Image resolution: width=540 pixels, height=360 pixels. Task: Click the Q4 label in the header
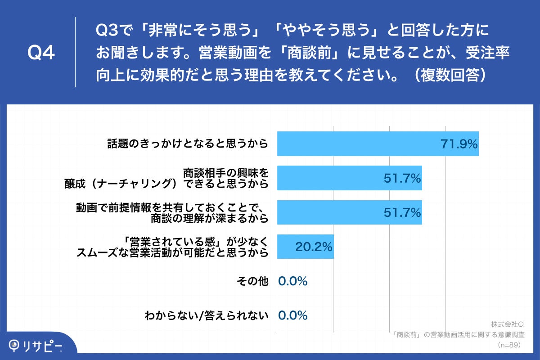point(41,53)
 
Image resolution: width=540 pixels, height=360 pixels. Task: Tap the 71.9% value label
point(458,144)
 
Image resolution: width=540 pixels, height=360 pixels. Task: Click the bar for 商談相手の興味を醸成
point(349,178)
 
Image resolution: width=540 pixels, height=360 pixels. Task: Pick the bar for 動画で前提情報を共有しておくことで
point(349,212)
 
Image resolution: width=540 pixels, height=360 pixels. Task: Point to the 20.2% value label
point(314,247)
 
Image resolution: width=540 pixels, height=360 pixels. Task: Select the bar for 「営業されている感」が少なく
point(305,247)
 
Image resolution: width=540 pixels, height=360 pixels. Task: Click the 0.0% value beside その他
point(293,281)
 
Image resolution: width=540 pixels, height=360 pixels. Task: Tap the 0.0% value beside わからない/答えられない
point(293,315)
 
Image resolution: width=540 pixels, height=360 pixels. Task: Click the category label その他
point(252,281)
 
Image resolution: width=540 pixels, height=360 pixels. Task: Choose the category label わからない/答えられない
point(207,315)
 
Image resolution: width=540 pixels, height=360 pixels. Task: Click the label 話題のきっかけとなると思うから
point(188,144)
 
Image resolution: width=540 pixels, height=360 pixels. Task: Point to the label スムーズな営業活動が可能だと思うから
point(173,252)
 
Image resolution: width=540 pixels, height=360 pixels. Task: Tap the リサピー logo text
point(43,345)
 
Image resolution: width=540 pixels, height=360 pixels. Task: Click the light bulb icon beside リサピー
point(15,345)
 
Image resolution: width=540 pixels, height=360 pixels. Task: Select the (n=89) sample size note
point(508,345)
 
